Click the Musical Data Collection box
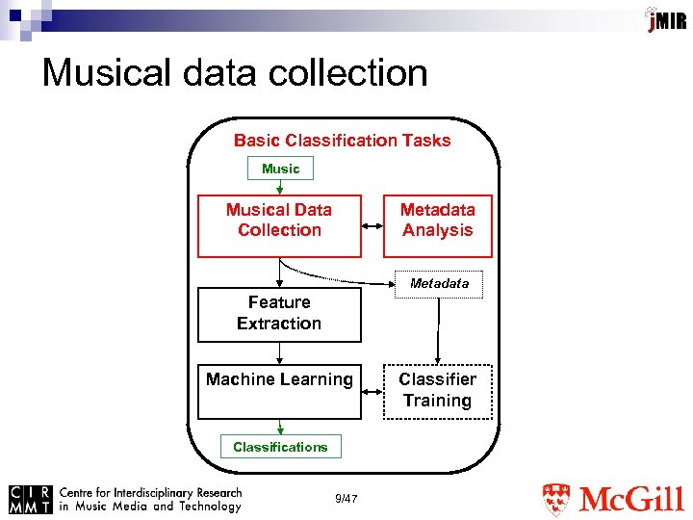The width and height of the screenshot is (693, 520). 279,226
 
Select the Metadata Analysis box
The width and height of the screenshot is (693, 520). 438,226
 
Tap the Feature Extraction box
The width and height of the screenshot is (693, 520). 279,314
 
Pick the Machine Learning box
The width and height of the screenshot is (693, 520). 279,391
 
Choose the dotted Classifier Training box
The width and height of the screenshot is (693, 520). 438,391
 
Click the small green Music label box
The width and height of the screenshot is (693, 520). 280,169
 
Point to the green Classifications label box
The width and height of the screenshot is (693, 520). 280,447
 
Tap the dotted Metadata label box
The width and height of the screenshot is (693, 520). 439,284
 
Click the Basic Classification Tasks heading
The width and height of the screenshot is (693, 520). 342,141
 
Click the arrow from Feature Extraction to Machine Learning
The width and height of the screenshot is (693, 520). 279,353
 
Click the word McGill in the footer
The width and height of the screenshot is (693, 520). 631,500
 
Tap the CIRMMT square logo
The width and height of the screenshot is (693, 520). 30,498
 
